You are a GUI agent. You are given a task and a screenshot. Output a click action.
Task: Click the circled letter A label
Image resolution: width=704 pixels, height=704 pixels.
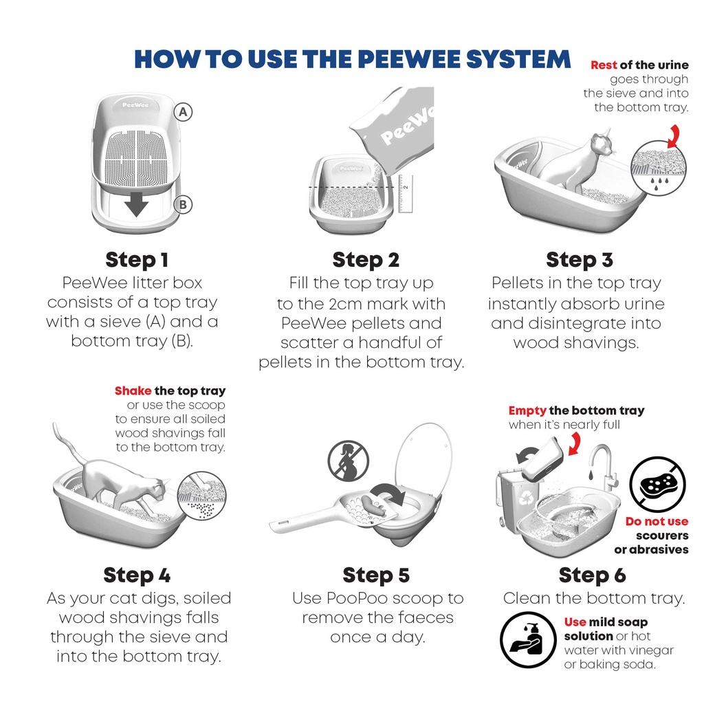(182, 111)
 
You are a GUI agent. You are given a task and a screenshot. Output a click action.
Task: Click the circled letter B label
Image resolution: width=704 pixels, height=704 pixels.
(182, 204)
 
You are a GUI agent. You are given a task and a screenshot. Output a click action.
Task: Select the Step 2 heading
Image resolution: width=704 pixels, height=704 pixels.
(366, 260)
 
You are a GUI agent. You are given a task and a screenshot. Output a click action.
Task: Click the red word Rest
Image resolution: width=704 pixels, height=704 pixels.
(604, 65)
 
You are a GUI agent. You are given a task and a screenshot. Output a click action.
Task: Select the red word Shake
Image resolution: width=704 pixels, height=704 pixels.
(133, 390)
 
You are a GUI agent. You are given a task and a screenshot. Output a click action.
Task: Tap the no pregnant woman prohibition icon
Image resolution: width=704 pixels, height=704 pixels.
(348, 460)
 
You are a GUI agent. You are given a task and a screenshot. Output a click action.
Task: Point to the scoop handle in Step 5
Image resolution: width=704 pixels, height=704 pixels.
(296, 525)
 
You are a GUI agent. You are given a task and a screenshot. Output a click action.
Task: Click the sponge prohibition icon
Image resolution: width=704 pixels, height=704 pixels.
(657, 483)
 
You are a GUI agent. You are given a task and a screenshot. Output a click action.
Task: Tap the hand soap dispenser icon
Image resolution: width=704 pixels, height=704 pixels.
(527, 639)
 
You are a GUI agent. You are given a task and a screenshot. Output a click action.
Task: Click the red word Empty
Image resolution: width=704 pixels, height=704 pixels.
(527, 410)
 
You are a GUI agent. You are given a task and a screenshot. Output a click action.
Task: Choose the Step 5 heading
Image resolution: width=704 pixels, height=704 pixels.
(375, 575)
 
